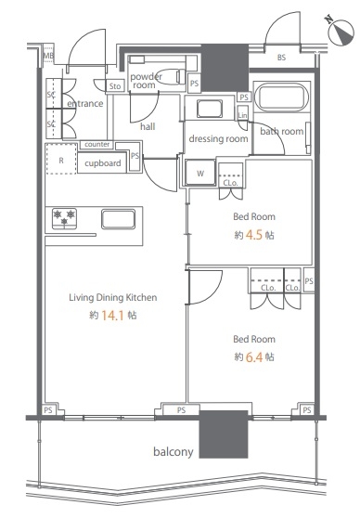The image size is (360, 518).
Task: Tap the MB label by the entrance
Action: pos(48,56)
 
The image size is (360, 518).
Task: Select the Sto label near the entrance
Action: pos(115,86)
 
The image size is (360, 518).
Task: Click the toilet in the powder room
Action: pos(171,77)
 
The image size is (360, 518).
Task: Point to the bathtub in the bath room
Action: pos(282,97)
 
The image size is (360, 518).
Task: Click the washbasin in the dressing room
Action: pos(209,109)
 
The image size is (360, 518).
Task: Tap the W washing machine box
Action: pos(200,173)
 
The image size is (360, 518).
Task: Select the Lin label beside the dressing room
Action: pos(242,115)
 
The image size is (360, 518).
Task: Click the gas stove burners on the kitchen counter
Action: pos(64,218)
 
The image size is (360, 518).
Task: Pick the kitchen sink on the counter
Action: pos(118,219)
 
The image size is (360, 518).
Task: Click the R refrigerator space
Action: pos(61,159)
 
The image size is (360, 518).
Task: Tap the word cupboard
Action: pos(103,163)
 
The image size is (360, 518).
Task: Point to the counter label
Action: pos(96,145)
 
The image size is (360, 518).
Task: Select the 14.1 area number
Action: pos(112,316)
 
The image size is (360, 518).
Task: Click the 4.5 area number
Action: pos(254,235)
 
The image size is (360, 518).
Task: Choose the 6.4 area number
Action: pos(254,357)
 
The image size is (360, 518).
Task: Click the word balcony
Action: pos(174,451)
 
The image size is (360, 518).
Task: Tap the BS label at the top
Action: pos(281,58)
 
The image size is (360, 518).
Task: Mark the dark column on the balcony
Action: pos(224,434)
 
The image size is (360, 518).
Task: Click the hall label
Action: pos(148,126)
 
